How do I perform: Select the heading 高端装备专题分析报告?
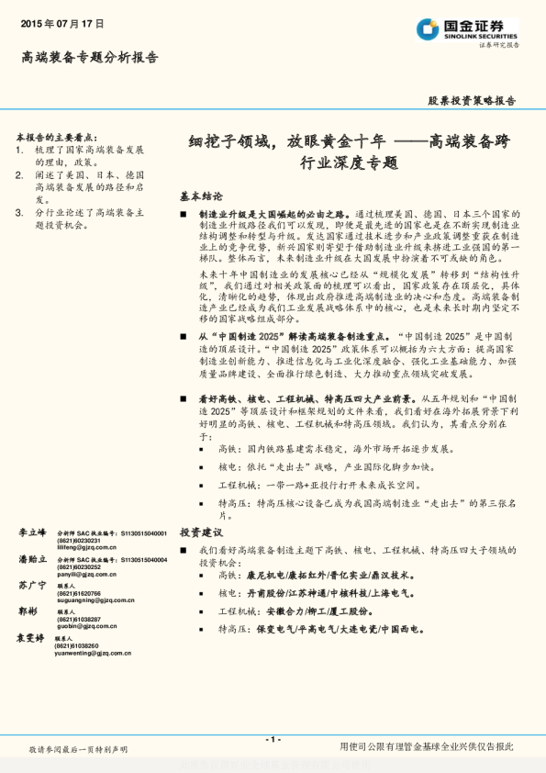[89, 58]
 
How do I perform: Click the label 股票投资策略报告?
[472, 101]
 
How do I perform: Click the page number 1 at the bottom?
[273, 739]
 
